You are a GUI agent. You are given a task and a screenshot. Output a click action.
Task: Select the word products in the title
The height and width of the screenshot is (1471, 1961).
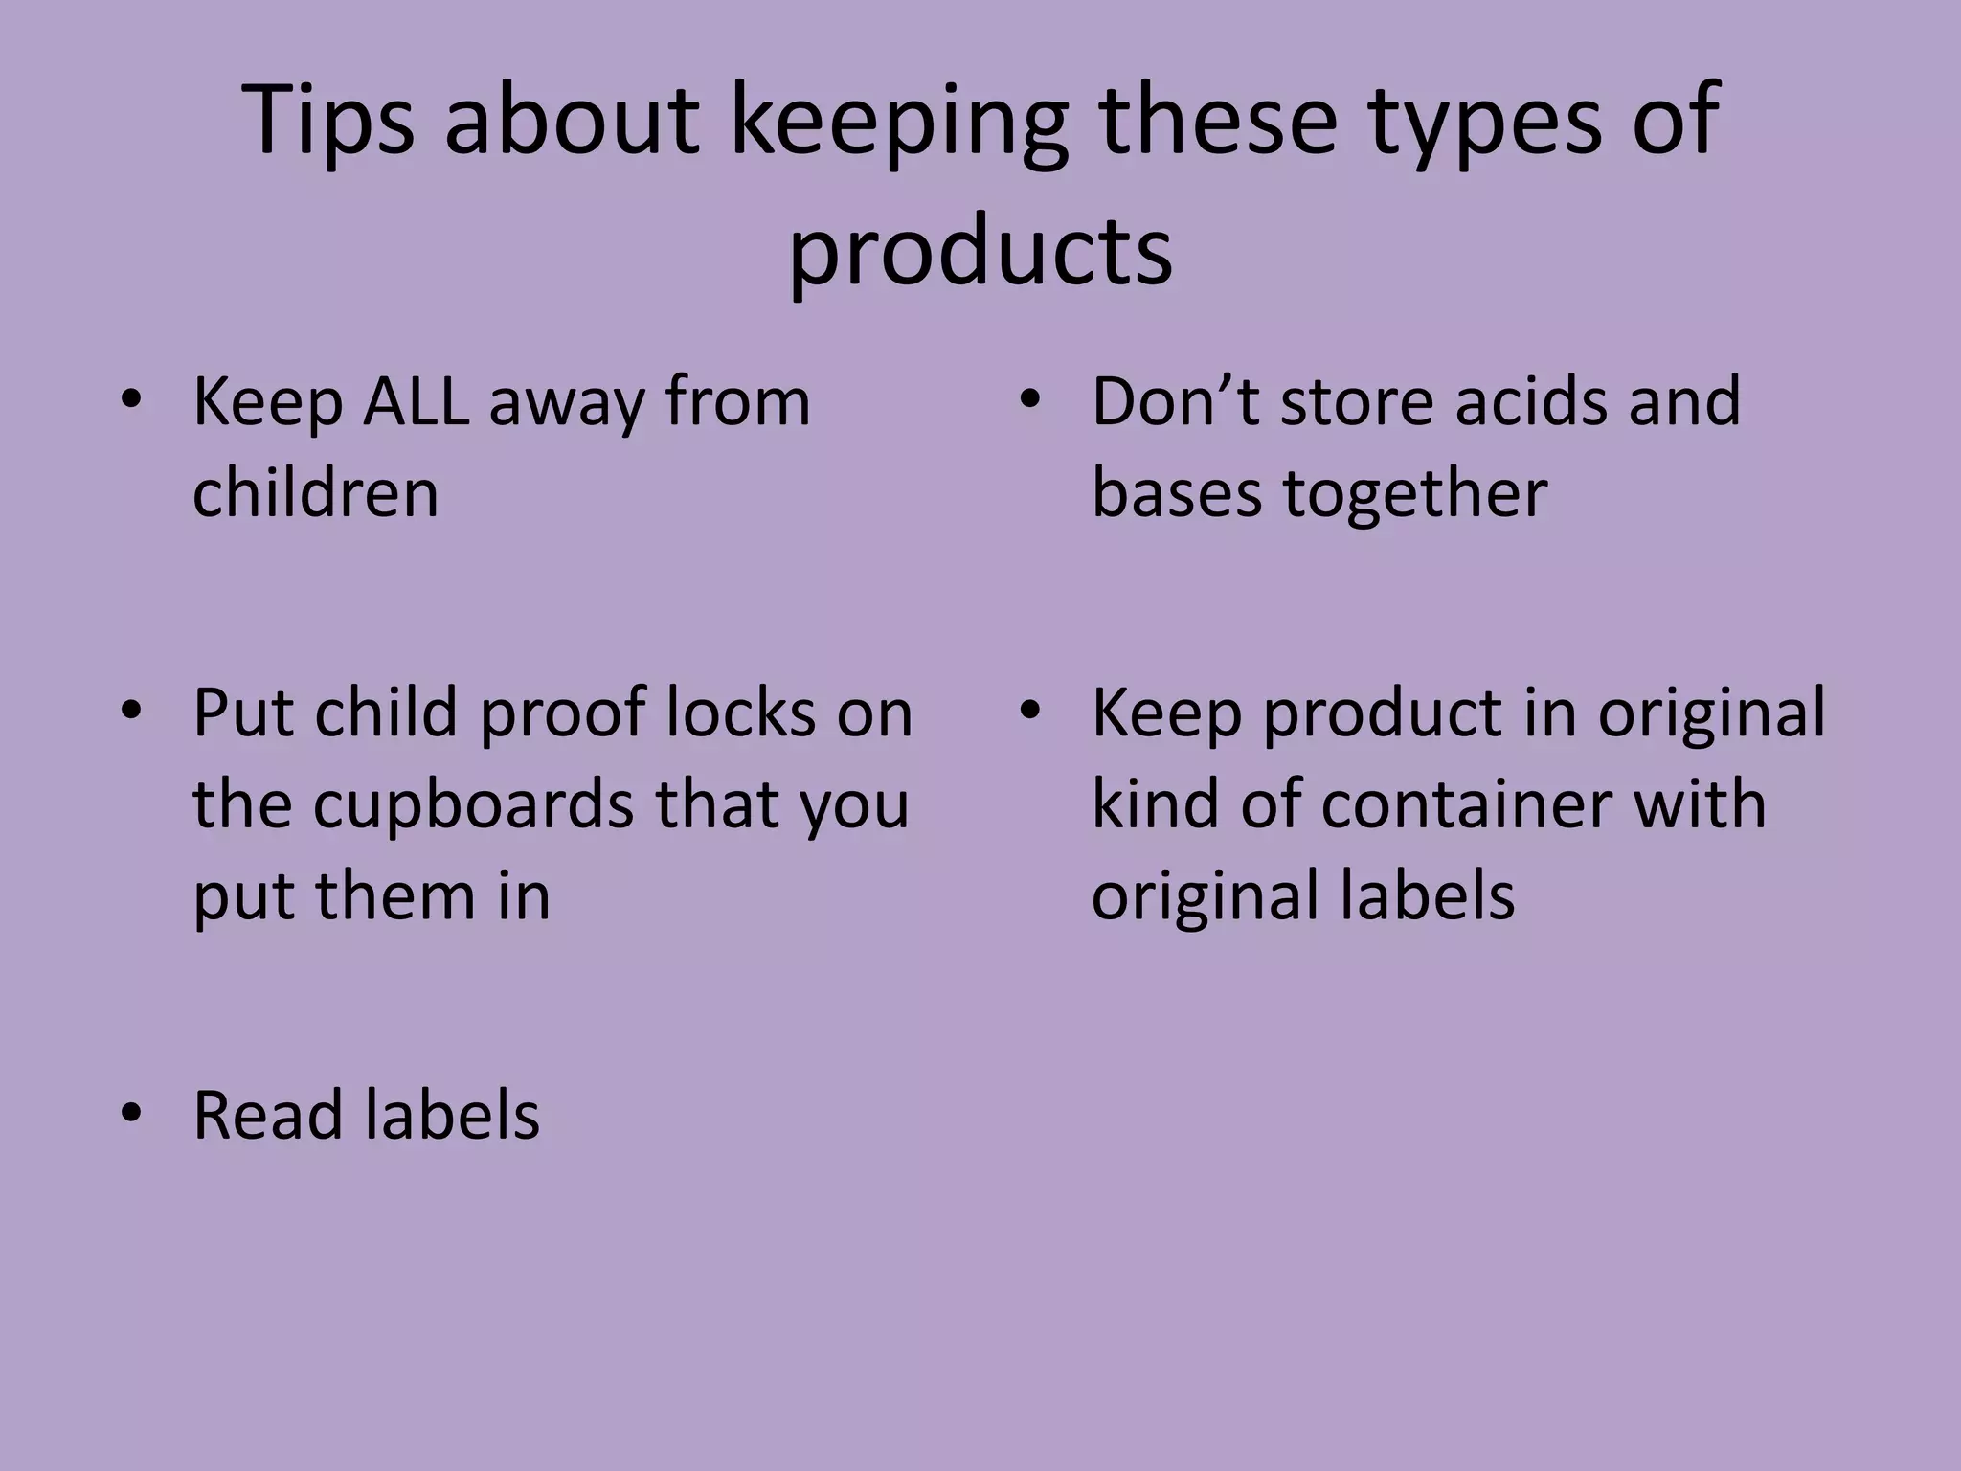(980, 251)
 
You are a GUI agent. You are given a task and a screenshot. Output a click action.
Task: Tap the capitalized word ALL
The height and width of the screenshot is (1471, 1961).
(417, 401)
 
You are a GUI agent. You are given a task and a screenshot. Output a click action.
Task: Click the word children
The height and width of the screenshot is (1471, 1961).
(315, 493)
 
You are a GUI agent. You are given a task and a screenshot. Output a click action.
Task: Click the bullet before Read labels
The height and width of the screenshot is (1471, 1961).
(131, 1113)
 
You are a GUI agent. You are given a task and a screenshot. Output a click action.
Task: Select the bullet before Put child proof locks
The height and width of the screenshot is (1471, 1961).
(131, 711)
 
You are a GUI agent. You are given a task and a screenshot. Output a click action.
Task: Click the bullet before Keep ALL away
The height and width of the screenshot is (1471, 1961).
(131, 399)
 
